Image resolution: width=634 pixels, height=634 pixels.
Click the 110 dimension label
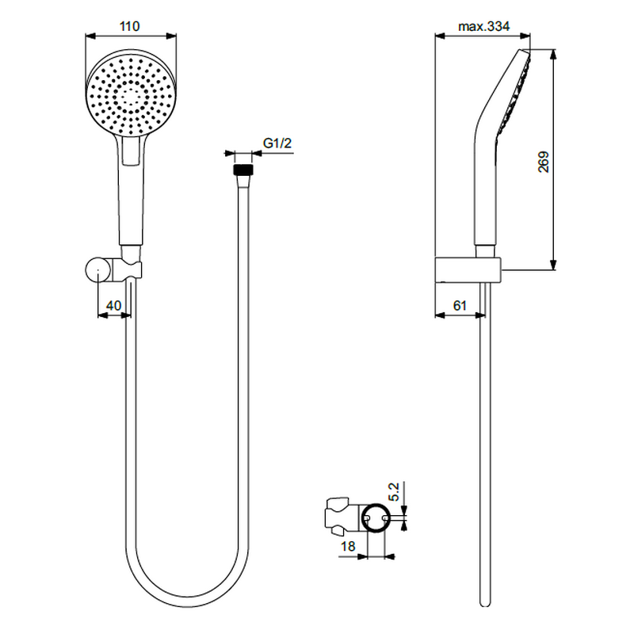pos(129,26)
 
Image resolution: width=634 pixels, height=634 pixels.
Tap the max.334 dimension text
pos(483,26)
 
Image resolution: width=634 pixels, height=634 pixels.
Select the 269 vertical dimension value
pos(544,162)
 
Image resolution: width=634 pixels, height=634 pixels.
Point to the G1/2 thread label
pos(277,143)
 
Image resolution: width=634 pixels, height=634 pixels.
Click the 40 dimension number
pos(113,305)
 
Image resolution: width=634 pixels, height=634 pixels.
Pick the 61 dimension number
pos(460,305)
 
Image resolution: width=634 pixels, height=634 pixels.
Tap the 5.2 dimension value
pos(394,491)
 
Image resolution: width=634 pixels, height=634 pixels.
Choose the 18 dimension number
pos(348,547)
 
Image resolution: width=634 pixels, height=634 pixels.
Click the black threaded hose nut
pos(243,170)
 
